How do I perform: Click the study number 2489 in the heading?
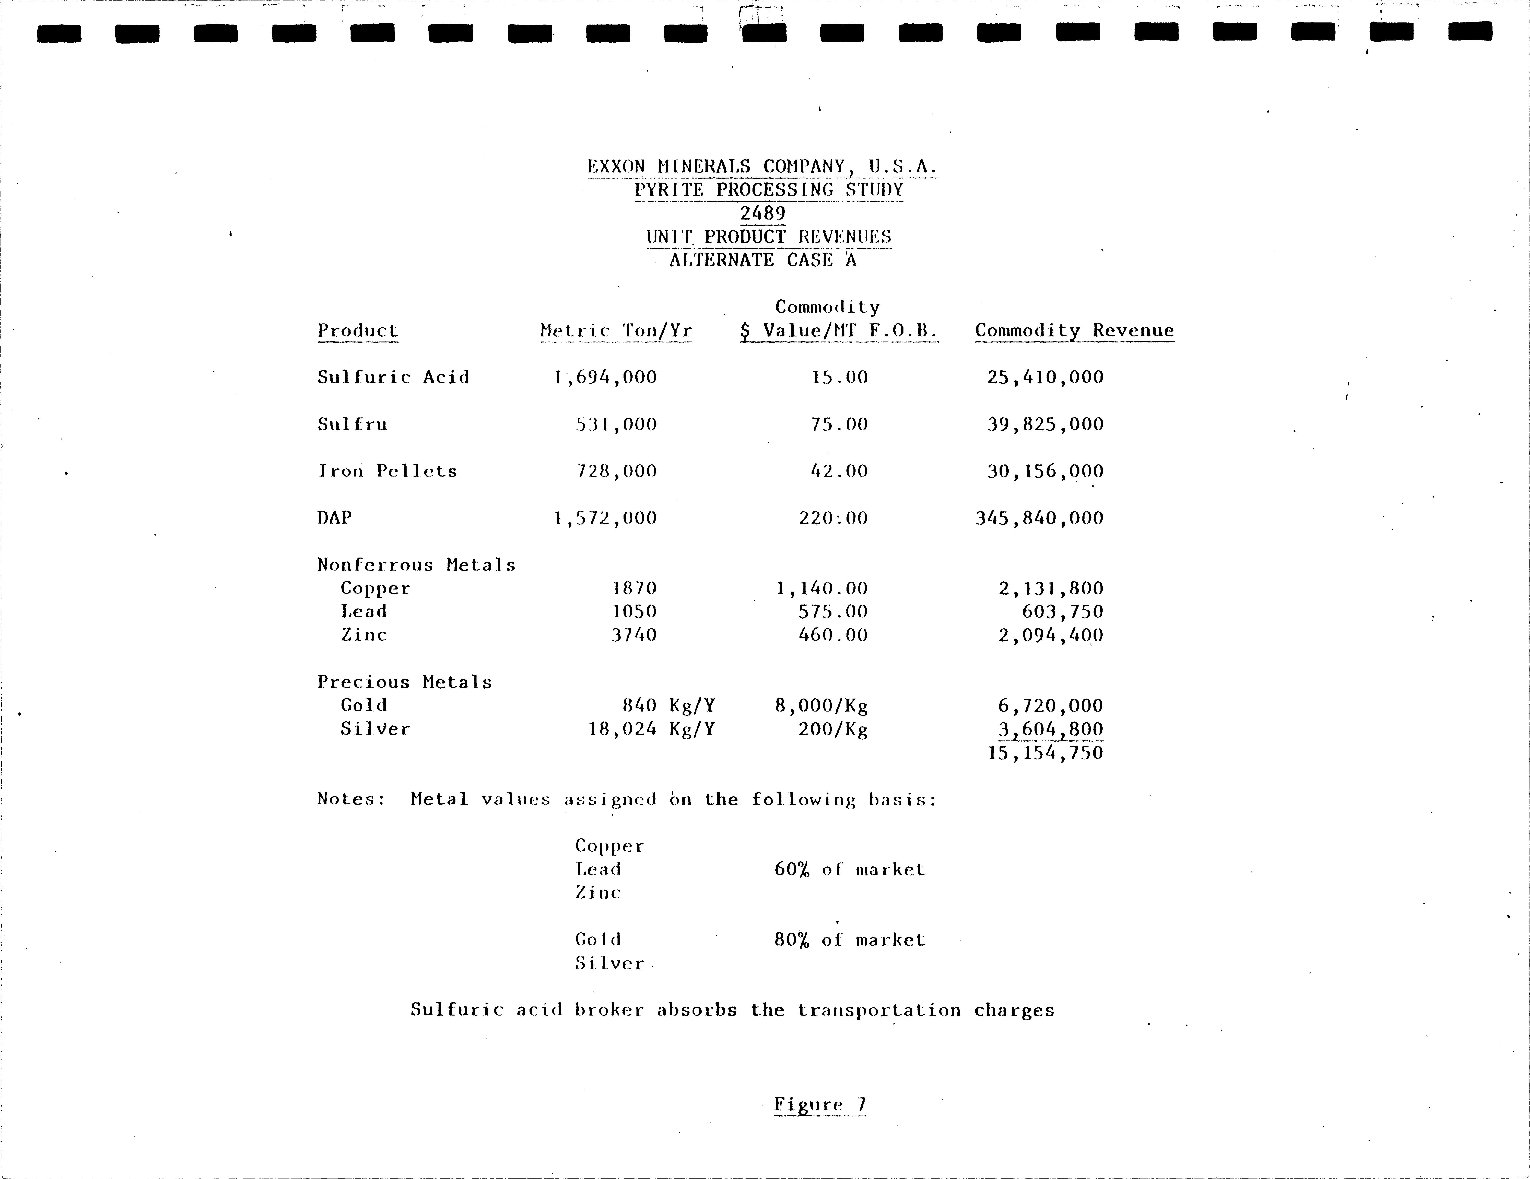point(763,213)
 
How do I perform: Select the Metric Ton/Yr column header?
point(616,331)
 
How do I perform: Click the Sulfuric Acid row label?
point(393,378)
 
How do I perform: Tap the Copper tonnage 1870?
point(634,588)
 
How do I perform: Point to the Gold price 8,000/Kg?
point(821,706)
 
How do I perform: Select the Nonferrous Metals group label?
point(416,565)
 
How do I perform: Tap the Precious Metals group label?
point(404,682)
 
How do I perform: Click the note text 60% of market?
point(849,870)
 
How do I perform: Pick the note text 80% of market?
point(849,940)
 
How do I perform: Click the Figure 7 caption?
point(820,1105)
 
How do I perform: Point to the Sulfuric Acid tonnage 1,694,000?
point(605,378)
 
